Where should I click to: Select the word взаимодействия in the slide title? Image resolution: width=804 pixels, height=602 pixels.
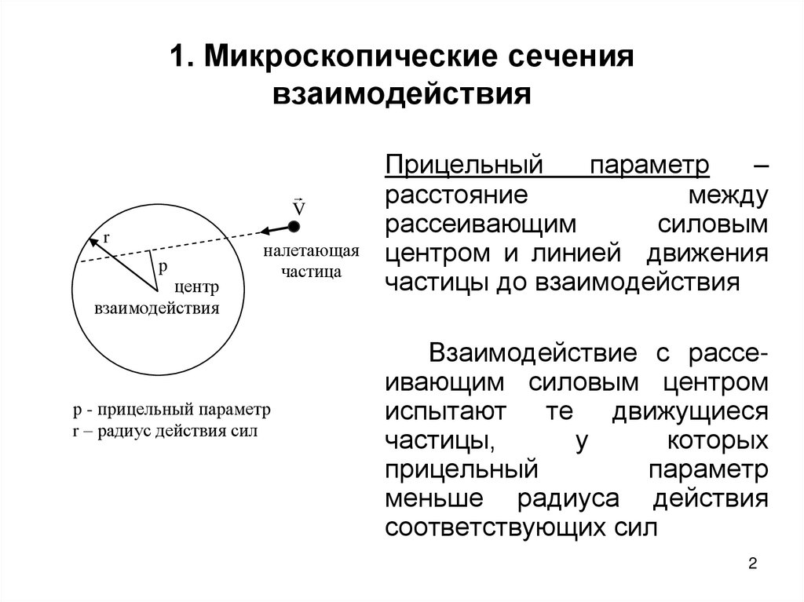point(402,94)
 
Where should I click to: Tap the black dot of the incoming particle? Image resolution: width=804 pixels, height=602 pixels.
point(294,227)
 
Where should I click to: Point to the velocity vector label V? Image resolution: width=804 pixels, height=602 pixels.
point(298,208)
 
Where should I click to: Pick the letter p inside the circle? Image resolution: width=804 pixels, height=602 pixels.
point(163,267)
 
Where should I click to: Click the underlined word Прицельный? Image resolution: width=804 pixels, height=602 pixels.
point(464,166)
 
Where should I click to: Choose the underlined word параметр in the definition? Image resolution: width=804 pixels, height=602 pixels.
point(651,166)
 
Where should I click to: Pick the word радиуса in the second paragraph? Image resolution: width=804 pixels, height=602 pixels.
point(573,499)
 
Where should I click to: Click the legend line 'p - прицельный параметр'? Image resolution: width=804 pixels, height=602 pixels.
point(171,410)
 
